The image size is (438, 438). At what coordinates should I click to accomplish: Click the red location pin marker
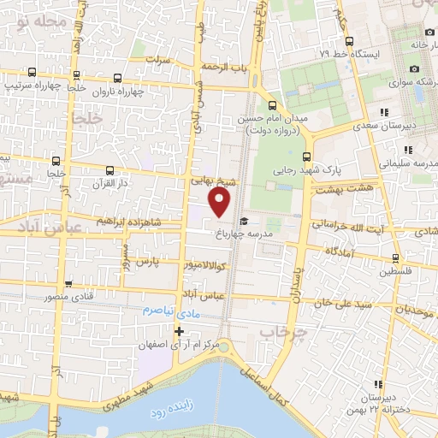221,202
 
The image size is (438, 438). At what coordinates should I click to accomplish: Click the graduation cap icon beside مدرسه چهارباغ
244,222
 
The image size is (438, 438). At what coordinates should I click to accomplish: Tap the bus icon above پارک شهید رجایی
307,156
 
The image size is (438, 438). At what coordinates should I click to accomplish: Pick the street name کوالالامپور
204,265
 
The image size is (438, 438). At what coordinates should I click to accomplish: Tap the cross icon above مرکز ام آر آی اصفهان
179,331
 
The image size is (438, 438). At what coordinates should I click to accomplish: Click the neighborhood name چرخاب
283,331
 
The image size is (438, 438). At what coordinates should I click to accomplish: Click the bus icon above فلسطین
394,257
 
